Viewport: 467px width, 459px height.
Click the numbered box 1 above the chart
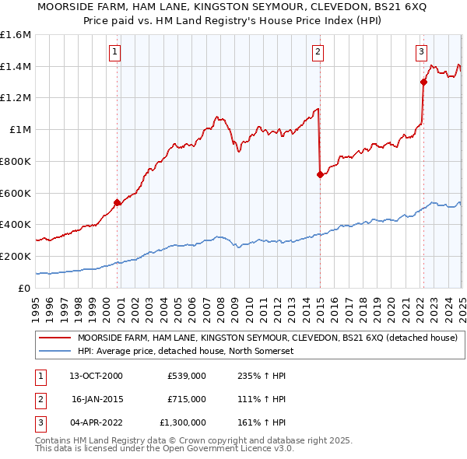coord(114,52)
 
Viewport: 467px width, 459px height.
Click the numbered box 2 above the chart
coord(318,52)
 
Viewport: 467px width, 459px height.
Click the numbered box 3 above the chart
coord(421,52)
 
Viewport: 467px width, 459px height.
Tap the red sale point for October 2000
coord(118,202)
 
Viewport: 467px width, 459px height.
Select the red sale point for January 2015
coord(320,174)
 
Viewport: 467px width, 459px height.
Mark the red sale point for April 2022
coord(423,82)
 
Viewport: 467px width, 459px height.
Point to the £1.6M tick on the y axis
coord(16,35)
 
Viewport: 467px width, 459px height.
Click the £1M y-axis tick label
coord(19,130)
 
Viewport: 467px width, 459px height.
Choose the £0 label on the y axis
coord(24,288)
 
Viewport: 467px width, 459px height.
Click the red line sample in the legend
coord(54,338)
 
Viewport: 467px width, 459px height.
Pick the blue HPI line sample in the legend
coord(54,351)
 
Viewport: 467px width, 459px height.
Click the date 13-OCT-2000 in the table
coord(97,376)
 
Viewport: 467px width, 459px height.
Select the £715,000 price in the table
coord(186,399)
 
